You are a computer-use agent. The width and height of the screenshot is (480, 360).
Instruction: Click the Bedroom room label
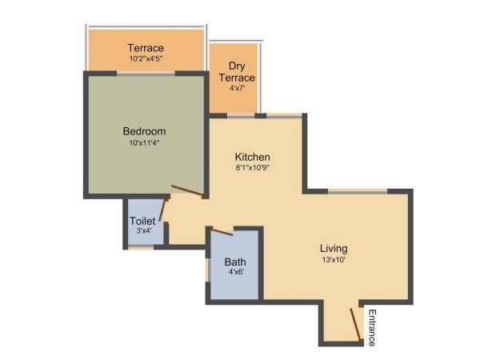[144, 131]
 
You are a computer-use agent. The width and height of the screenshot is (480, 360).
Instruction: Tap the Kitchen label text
[252, 157]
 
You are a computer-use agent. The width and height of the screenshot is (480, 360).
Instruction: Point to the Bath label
[235, 262]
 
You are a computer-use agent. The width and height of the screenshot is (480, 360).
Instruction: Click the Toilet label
[142, 221]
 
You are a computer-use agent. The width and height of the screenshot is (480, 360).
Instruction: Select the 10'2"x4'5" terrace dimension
[146, 58]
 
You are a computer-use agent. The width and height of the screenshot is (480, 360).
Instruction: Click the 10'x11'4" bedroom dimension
[144, 144]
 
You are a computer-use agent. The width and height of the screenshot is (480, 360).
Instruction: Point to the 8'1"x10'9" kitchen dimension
[252, 168]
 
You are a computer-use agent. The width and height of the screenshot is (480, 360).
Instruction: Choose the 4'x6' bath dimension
[235, 272]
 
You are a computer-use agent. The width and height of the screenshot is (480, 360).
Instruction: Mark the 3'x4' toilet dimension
[142, 231]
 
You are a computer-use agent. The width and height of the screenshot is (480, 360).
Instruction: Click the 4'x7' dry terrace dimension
[236, 89]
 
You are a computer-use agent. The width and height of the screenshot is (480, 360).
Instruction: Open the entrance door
[354, 324]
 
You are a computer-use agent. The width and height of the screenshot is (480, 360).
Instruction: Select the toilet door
[163, 209]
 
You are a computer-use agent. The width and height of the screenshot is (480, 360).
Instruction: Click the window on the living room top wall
[358, 190]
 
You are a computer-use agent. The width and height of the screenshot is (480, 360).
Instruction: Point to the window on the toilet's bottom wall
[141, 247]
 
